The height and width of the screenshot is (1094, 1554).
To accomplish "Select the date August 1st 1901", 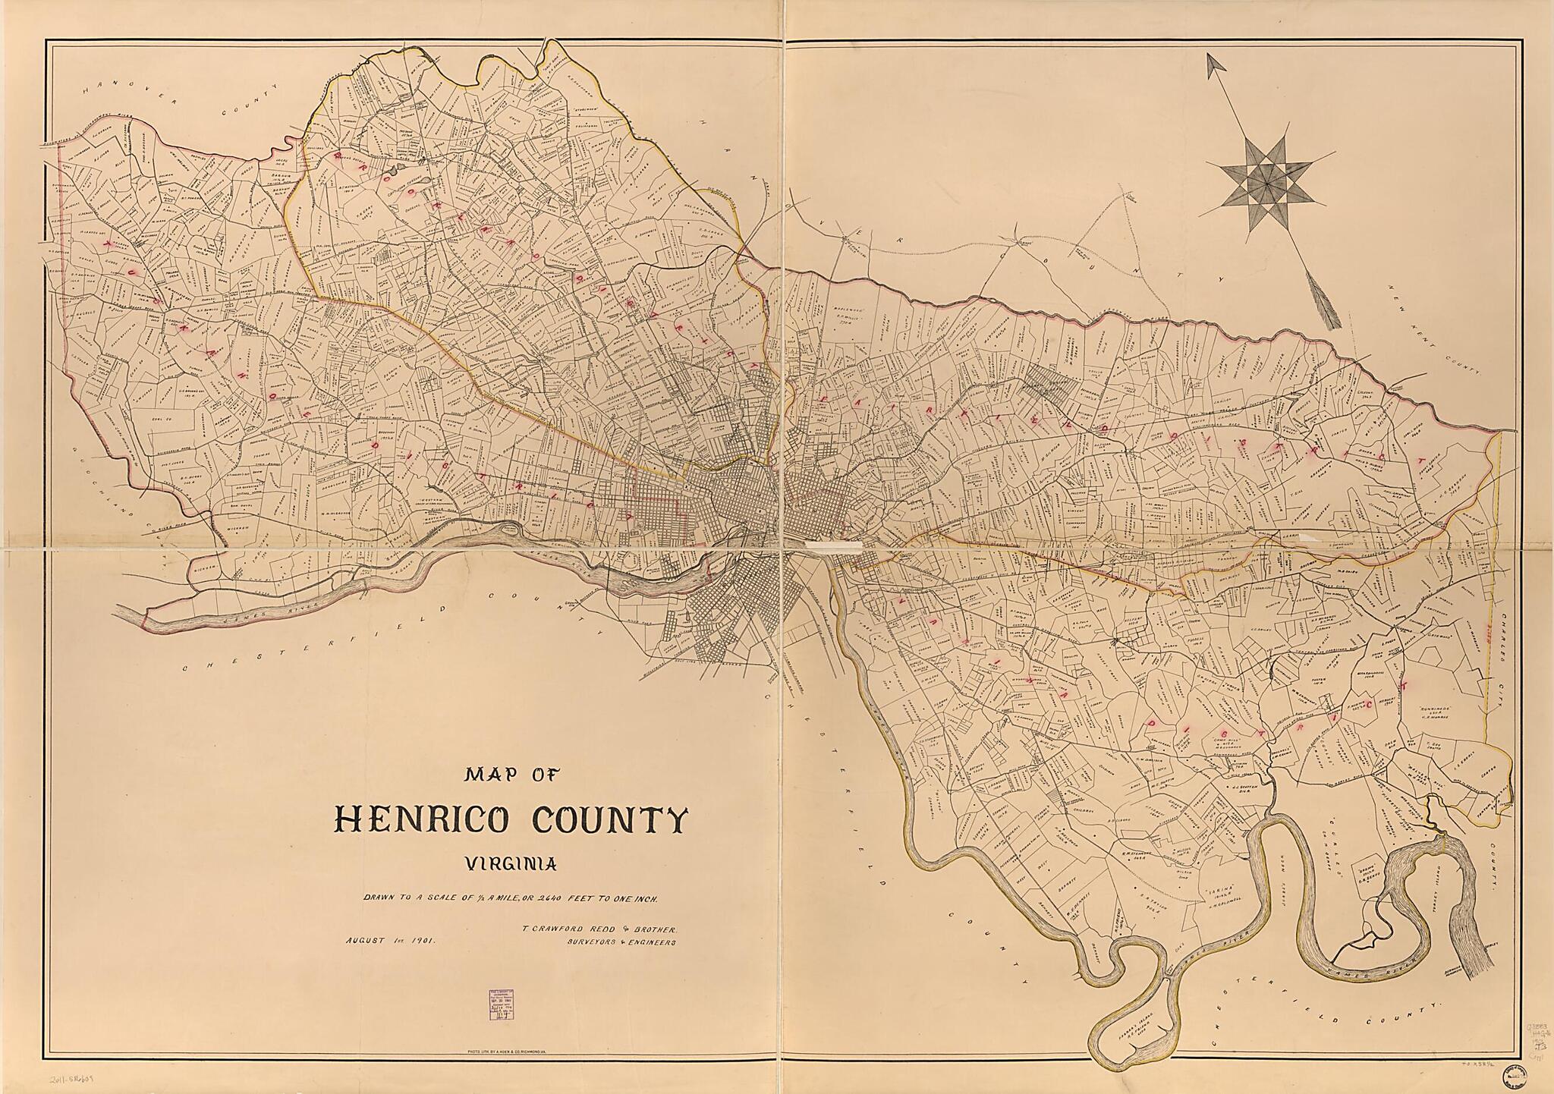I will (x=388, y=940).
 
